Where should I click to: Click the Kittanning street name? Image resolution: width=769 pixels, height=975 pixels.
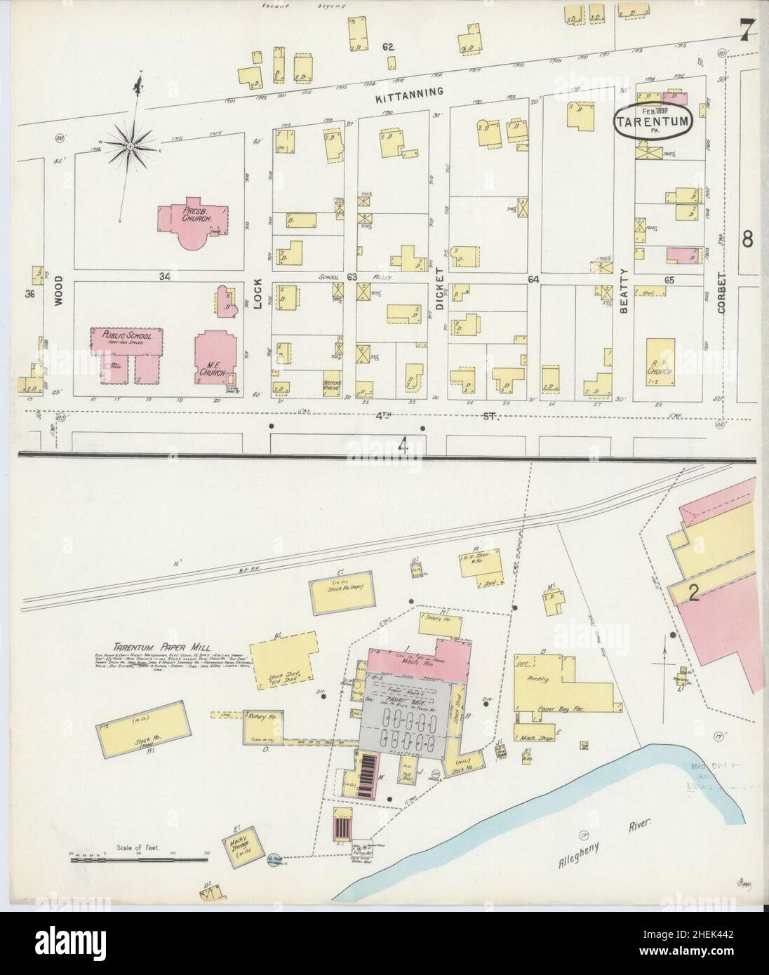click(x=418, y=92)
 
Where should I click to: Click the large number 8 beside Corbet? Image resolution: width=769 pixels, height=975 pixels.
click(x=748, y=239)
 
